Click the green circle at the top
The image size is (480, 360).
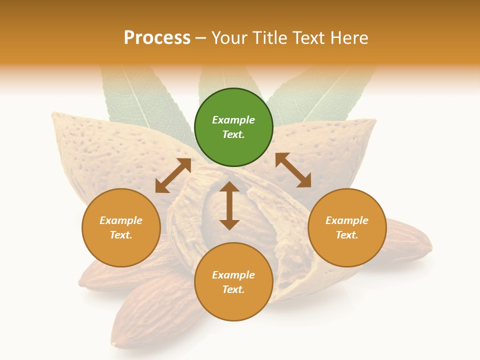click(233, 127)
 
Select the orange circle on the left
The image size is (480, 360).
click(121, 227)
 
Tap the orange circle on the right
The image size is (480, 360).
click(347, 227)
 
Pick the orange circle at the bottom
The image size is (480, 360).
click(233, 282)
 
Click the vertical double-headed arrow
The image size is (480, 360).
click(229, 205)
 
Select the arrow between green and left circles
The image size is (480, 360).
click(173, 175)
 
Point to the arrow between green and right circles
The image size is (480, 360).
click(293, 170)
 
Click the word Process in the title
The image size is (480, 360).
click(157, 37)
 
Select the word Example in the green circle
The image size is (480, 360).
click(233, 120)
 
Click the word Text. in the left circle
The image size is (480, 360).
click(121, 235)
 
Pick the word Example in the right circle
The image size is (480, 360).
click(347, 220)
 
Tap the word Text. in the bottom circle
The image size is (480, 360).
click(233, 289)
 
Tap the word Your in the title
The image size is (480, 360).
click(228, 37)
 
